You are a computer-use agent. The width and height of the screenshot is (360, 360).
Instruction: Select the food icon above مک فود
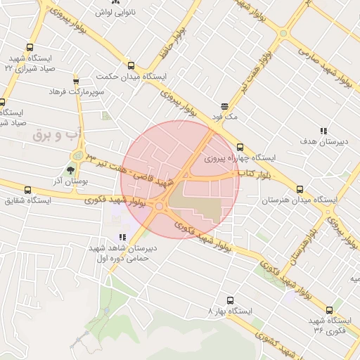point(224,106)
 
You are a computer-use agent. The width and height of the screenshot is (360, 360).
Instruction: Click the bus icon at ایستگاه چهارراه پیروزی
point(240,147)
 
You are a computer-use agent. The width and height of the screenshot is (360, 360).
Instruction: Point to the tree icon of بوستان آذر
point(70,169)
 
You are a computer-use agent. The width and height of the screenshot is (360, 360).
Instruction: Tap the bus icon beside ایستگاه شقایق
point(27,190)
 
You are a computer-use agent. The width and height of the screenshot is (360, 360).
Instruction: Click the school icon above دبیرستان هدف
point(323,131)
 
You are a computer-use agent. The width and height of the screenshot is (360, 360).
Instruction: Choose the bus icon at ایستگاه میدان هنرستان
point(300,189)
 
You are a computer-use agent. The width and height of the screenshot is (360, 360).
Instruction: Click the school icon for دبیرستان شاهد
point(122,238)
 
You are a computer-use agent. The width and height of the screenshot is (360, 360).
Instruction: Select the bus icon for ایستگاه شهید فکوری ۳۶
point(328,310)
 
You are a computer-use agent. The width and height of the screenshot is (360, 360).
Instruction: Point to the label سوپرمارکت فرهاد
point(77,92)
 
